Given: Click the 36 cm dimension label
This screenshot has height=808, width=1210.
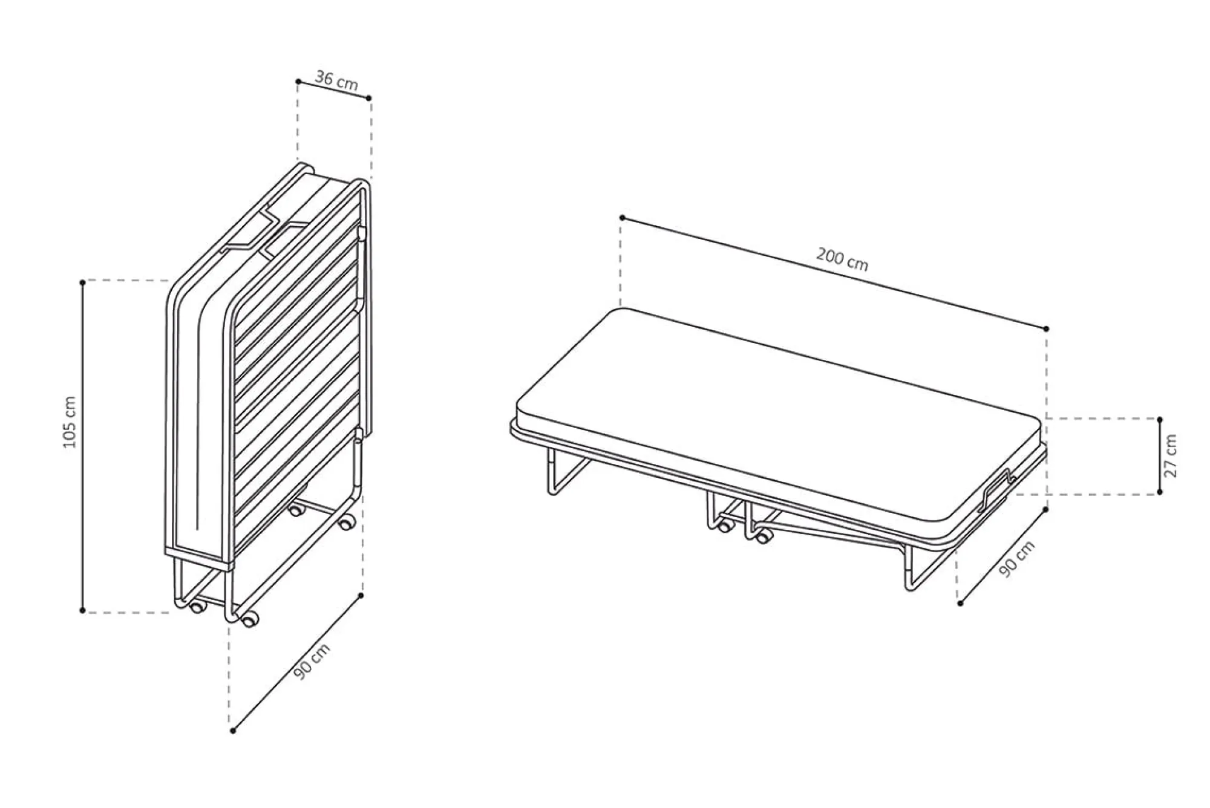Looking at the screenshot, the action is pyautogui.click(x=336, y=80).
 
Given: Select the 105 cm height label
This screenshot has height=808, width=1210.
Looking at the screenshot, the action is pyautogui.click(x=70, y=422).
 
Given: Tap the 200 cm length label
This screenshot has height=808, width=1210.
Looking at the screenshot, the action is pyautogui.click(x=842, y=259).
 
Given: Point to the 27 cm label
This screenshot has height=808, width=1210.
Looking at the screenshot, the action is pyautogui.click(x=1171, y=455).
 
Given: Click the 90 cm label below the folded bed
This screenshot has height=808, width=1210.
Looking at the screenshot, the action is pyautogui.click(x=312, y=662).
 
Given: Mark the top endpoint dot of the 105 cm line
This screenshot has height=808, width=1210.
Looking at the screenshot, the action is pyautogui.click(x=83, y=282).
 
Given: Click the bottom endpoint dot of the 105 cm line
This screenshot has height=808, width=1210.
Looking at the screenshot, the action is pyautogui.click(x=83, y=610).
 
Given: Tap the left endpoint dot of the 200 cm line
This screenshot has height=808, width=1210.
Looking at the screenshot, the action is pyautogui.click(x=622, y=217).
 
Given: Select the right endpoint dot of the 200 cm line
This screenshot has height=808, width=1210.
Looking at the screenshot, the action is pyautogui.click(x=1047, y=328).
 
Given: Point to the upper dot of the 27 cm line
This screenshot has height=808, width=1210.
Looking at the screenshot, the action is pyautogui.click(x=1160, y=419).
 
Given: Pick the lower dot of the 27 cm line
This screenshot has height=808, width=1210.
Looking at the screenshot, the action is pyautogui.click(x=1160, y=492).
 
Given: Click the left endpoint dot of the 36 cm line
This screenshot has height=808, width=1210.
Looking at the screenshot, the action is pyautogui.click(x=298, y=81).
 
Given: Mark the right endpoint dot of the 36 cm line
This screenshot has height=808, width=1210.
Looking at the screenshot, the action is pyautogui.click(x=369, y=97).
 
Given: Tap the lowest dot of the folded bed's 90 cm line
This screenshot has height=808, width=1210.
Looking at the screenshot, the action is pyautogui.click(x=233, y=731).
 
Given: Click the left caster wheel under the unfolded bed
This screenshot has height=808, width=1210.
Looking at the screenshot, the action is pyautogui.click(x=723, y=526).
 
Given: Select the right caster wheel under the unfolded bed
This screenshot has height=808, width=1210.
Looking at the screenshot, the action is pyautogui.click(x=764, y=535).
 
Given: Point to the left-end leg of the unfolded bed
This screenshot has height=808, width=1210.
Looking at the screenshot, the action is pyautogui.click(x=566, y=472).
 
